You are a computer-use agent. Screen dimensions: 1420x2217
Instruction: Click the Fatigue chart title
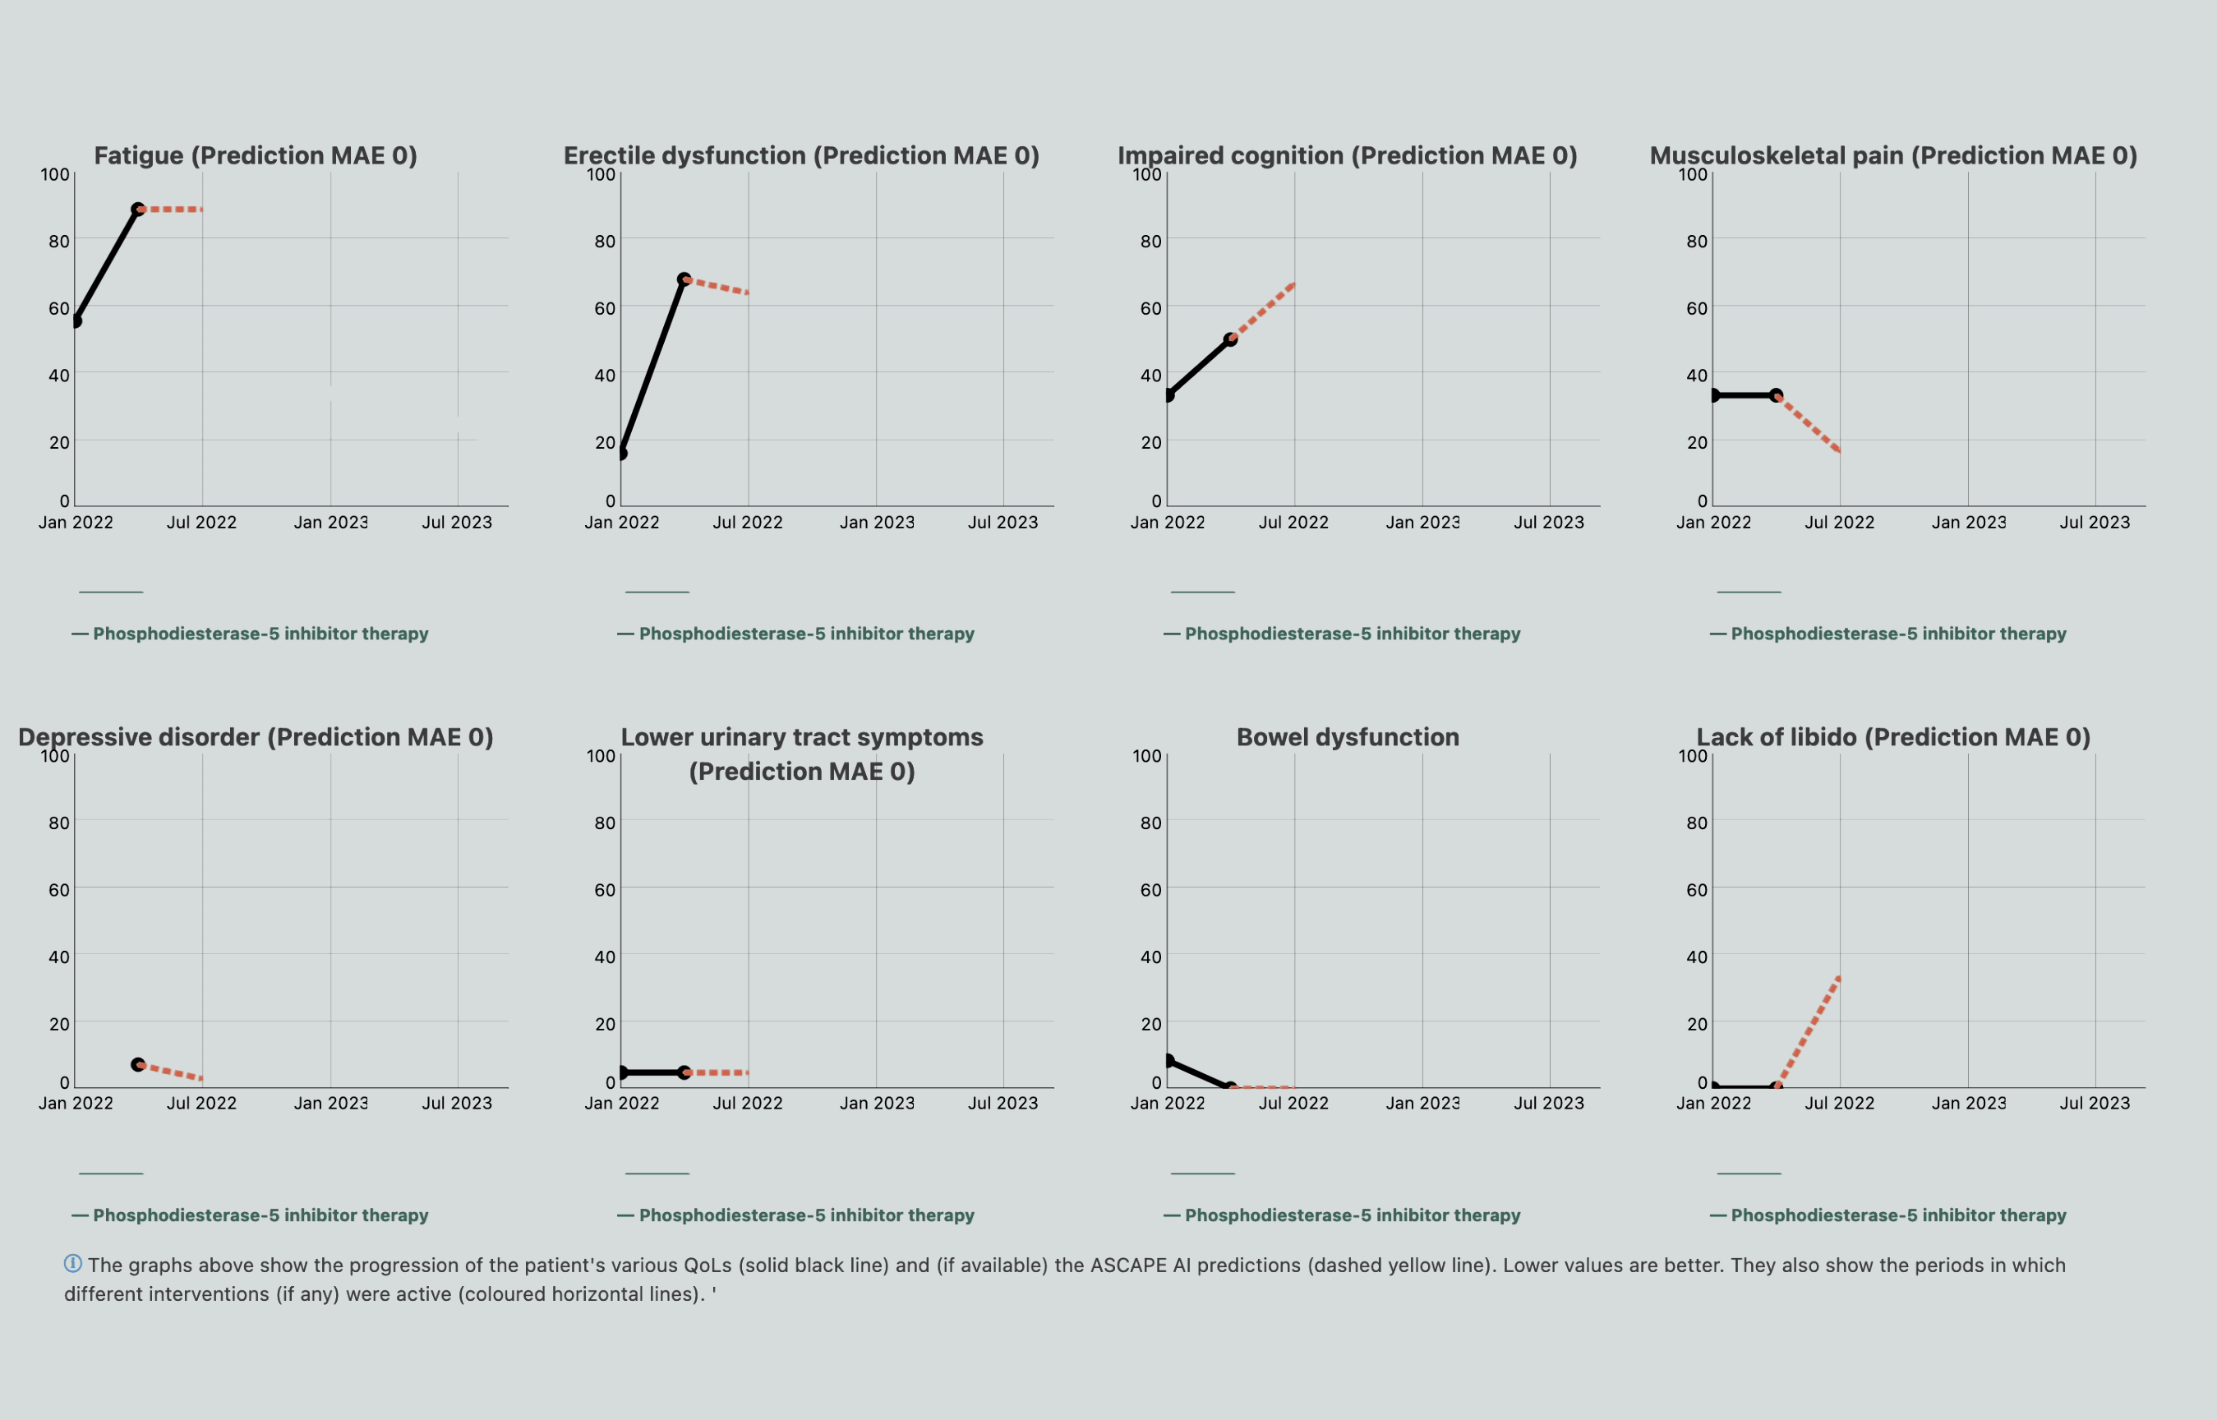(256, 156)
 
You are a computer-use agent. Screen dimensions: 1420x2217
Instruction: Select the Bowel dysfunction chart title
(1348, 737)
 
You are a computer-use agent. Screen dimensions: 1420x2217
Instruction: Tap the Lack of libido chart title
(1893, 737)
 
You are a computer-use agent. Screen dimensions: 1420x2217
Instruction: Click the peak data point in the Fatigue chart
(137, 210)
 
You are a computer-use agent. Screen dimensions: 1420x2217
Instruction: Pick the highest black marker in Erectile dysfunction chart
(684, 279)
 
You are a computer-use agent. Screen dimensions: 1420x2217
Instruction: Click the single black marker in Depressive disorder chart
(137, 1064)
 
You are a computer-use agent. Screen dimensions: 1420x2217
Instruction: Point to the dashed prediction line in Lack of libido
(1809, 1030)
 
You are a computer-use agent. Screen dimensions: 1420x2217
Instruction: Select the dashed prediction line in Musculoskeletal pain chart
(1809, 424)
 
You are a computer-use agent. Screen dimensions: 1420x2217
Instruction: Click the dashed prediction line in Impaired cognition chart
(1263, 311)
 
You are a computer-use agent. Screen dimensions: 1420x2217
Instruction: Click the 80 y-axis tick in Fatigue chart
(59, 242)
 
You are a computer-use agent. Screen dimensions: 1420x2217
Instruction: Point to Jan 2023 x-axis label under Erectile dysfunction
(877, 523)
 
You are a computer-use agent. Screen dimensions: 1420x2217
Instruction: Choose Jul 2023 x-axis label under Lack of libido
(2095, 1103)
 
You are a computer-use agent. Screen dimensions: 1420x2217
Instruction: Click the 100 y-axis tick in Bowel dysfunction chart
(1147, 756)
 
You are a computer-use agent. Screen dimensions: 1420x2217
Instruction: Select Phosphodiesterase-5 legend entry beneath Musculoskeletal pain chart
(1898, 634)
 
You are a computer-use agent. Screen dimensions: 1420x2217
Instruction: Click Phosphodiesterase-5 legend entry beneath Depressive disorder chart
(260, 1215)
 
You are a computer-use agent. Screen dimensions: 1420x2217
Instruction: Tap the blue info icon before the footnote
(73, 1263)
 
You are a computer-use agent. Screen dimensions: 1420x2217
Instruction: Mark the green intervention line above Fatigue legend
(111, 592)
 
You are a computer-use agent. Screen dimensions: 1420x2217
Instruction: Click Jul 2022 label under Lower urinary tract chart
(748, 1103)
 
